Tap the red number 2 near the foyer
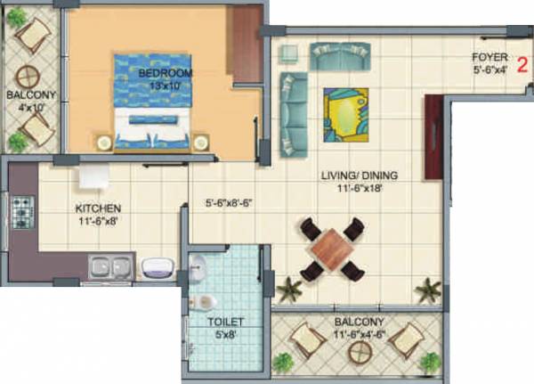click(x=524, y=64)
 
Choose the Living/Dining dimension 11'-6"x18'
click(x=360, y=189)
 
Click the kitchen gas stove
click(x=22, y=214)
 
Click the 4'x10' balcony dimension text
click(x=31, y=107)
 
